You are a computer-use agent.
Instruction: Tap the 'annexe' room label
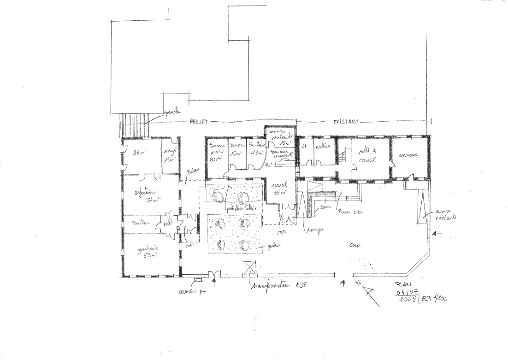click(409, 155)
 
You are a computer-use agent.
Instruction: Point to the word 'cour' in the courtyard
click(355, 245)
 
